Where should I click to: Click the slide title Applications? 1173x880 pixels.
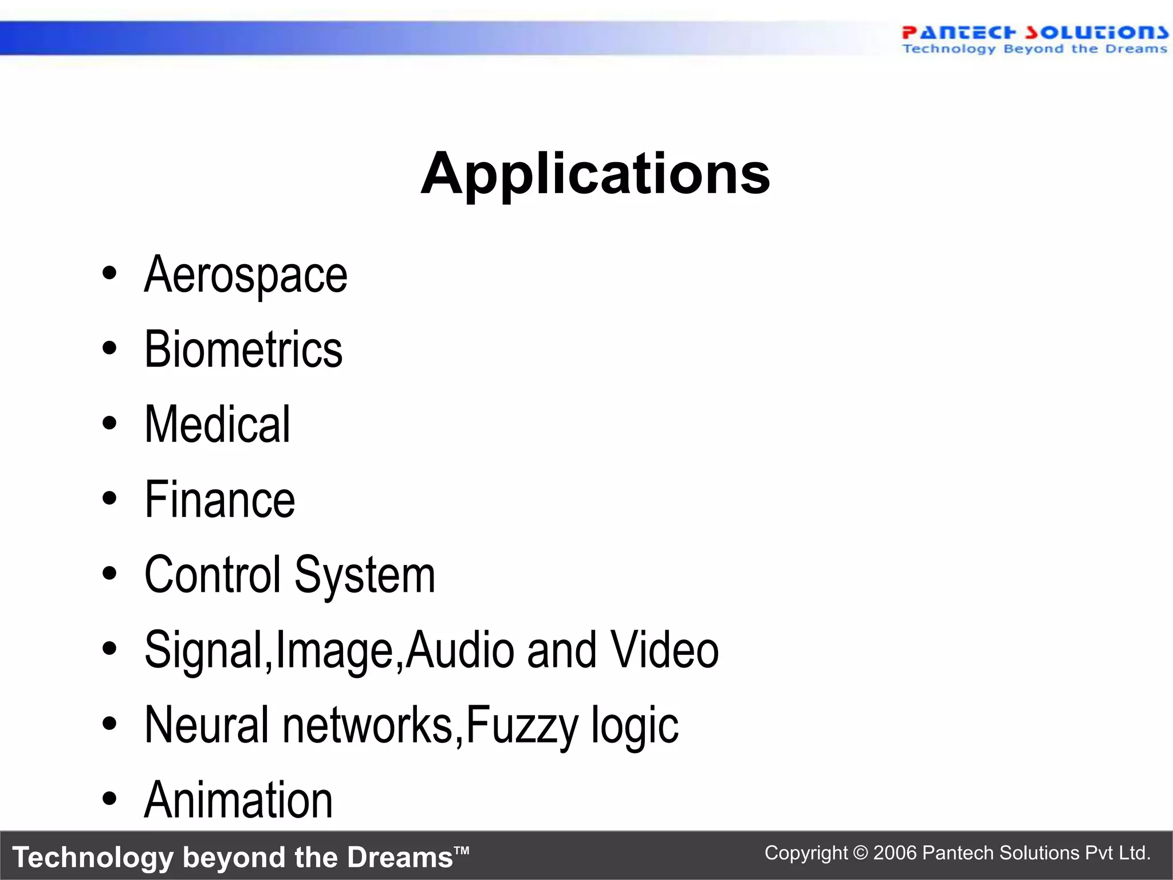tap(595, 174)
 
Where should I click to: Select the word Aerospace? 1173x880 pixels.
tap(246, 276)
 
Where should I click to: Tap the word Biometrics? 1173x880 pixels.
tap(243, 349)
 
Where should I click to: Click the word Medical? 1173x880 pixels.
tap(218, 425)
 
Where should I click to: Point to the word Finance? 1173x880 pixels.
tap(220, 500)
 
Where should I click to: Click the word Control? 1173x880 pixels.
tap(213, 575)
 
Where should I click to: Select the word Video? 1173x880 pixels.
tap(664, 650)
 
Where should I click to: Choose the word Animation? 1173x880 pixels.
tap(238, 800)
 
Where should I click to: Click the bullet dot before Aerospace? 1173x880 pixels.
tap(109, 273)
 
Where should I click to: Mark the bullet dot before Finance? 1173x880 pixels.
tap(109, 498)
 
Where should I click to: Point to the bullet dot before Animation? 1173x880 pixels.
tap(109, 798)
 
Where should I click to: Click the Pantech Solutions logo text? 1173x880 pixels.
tap(1034, 33)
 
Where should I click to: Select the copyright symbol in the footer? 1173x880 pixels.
tap(860, 853)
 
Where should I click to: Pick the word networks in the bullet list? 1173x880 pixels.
tap(368, 725)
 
